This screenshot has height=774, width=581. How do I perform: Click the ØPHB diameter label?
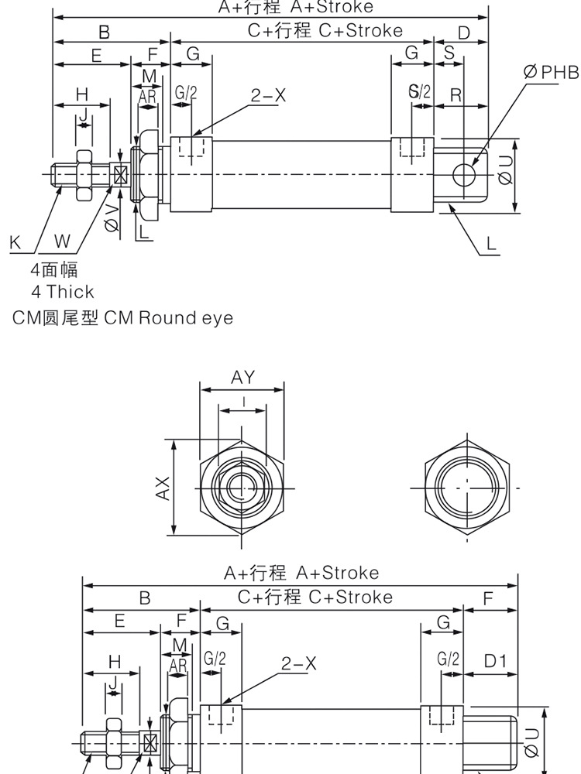click(552, 73)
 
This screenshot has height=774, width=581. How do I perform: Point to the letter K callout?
click(15, 242)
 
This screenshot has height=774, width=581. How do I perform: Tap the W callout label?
click(63, 242)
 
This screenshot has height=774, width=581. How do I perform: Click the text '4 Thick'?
click(62, 292)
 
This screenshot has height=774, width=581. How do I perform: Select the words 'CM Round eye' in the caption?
click(168, 318)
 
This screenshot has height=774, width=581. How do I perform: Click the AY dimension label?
click(242, 377)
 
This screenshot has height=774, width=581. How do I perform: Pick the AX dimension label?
click(163, 488)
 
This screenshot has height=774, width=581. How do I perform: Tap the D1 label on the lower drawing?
click(495, 661)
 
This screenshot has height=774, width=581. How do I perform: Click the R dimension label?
click(456, 95)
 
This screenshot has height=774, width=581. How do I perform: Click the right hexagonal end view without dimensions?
click(468, 487)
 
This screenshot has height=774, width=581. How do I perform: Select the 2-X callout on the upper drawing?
click(268, 95)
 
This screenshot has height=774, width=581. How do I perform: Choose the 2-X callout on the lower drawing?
click(299, 663)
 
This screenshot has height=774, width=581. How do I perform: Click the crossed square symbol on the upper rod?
click(120, 175)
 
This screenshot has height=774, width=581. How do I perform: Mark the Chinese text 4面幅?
click(54, 269)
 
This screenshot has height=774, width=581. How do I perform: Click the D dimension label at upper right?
click(464, 33)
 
